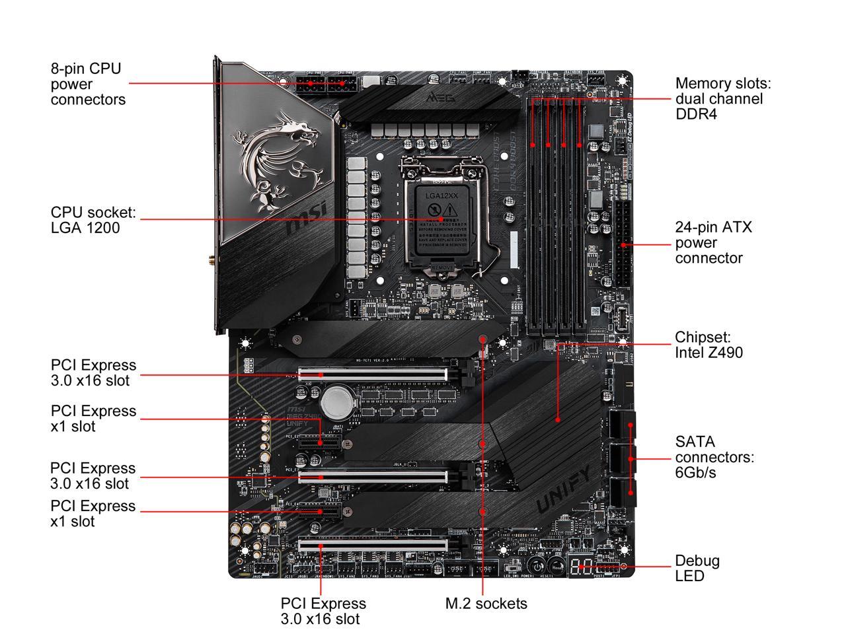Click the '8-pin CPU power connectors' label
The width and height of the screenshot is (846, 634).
pyautogui.click(x=88, y=84)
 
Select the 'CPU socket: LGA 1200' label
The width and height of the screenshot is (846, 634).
pyautogui.click(x=93, y=220)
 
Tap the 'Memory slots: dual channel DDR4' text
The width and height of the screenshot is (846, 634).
pyautogui.click(x=723, y=98)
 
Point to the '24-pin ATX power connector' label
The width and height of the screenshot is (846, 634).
pyautogui.click(x=713, y=242)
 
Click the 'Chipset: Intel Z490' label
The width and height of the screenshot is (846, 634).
pyautogui.click(x=709, y=345)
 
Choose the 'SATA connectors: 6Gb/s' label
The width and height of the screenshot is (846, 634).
pyautogui.click(x=714, y=457)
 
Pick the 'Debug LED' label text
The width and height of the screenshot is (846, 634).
pyautogui.click(x=697, y=568)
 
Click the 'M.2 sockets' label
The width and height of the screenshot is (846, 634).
pyautogui.click(x=486, y=603)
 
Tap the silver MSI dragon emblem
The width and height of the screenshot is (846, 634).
pyautogui.click(x=278, y=158)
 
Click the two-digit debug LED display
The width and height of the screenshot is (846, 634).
pyautogui.click(x=582, y=566)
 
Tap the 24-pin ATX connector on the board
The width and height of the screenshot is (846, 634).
pyautogui.click(x=623, y=244)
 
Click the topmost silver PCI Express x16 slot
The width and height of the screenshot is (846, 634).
pyautogui.click(x=372, y=374)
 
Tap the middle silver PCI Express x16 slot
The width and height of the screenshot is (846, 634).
pyautogui.click(x=372, y=476)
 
